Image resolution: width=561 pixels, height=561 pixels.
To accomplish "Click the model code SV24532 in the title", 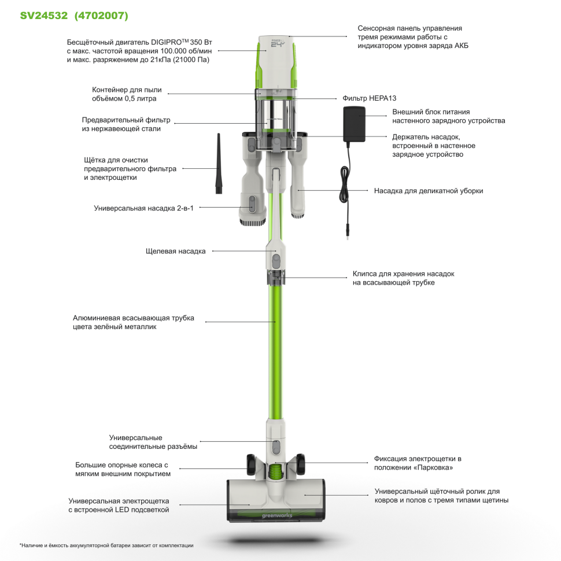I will pos(44,16).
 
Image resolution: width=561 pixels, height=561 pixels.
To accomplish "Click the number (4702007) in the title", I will pos(102,16).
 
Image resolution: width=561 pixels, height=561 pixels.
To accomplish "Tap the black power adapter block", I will pos(354,124).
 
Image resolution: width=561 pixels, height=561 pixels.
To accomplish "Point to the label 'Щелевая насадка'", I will pos(176,251).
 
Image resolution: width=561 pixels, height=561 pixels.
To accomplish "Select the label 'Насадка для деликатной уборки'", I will pos(428,190).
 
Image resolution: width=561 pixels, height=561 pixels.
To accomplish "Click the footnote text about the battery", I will pos(106,545).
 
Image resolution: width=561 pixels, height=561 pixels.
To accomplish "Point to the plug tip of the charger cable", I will pos(347,233).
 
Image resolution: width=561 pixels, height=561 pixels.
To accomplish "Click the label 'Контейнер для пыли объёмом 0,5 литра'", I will pos(127,94).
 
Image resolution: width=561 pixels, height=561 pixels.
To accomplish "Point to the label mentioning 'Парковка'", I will pos(418,463).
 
